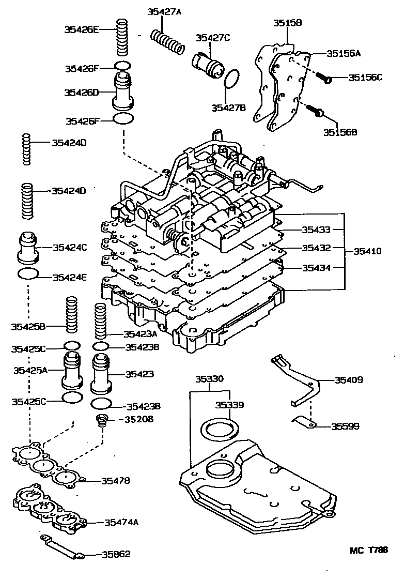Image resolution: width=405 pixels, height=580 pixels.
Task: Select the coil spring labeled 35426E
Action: (x=122, y=38)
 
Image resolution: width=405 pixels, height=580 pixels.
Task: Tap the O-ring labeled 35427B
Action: (x=232, y=80)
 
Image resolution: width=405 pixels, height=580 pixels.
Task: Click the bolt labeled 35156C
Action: (x=323, y=78)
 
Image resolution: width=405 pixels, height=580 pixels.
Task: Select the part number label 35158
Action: (x=287, y=23)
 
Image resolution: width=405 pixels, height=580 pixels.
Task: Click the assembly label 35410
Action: (x=367, y=251)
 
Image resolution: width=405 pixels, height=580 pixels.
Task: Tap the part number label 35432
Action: (x=316, y=248)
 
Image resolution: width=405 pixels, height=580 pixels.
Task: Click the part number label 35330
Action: (x=209, y=379)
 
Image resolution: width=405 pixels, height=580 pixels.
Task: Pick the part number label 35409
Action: (x=349, y=380)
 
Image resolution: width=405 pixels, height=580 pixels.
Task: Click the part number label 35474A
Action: (x=121, y=522)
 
